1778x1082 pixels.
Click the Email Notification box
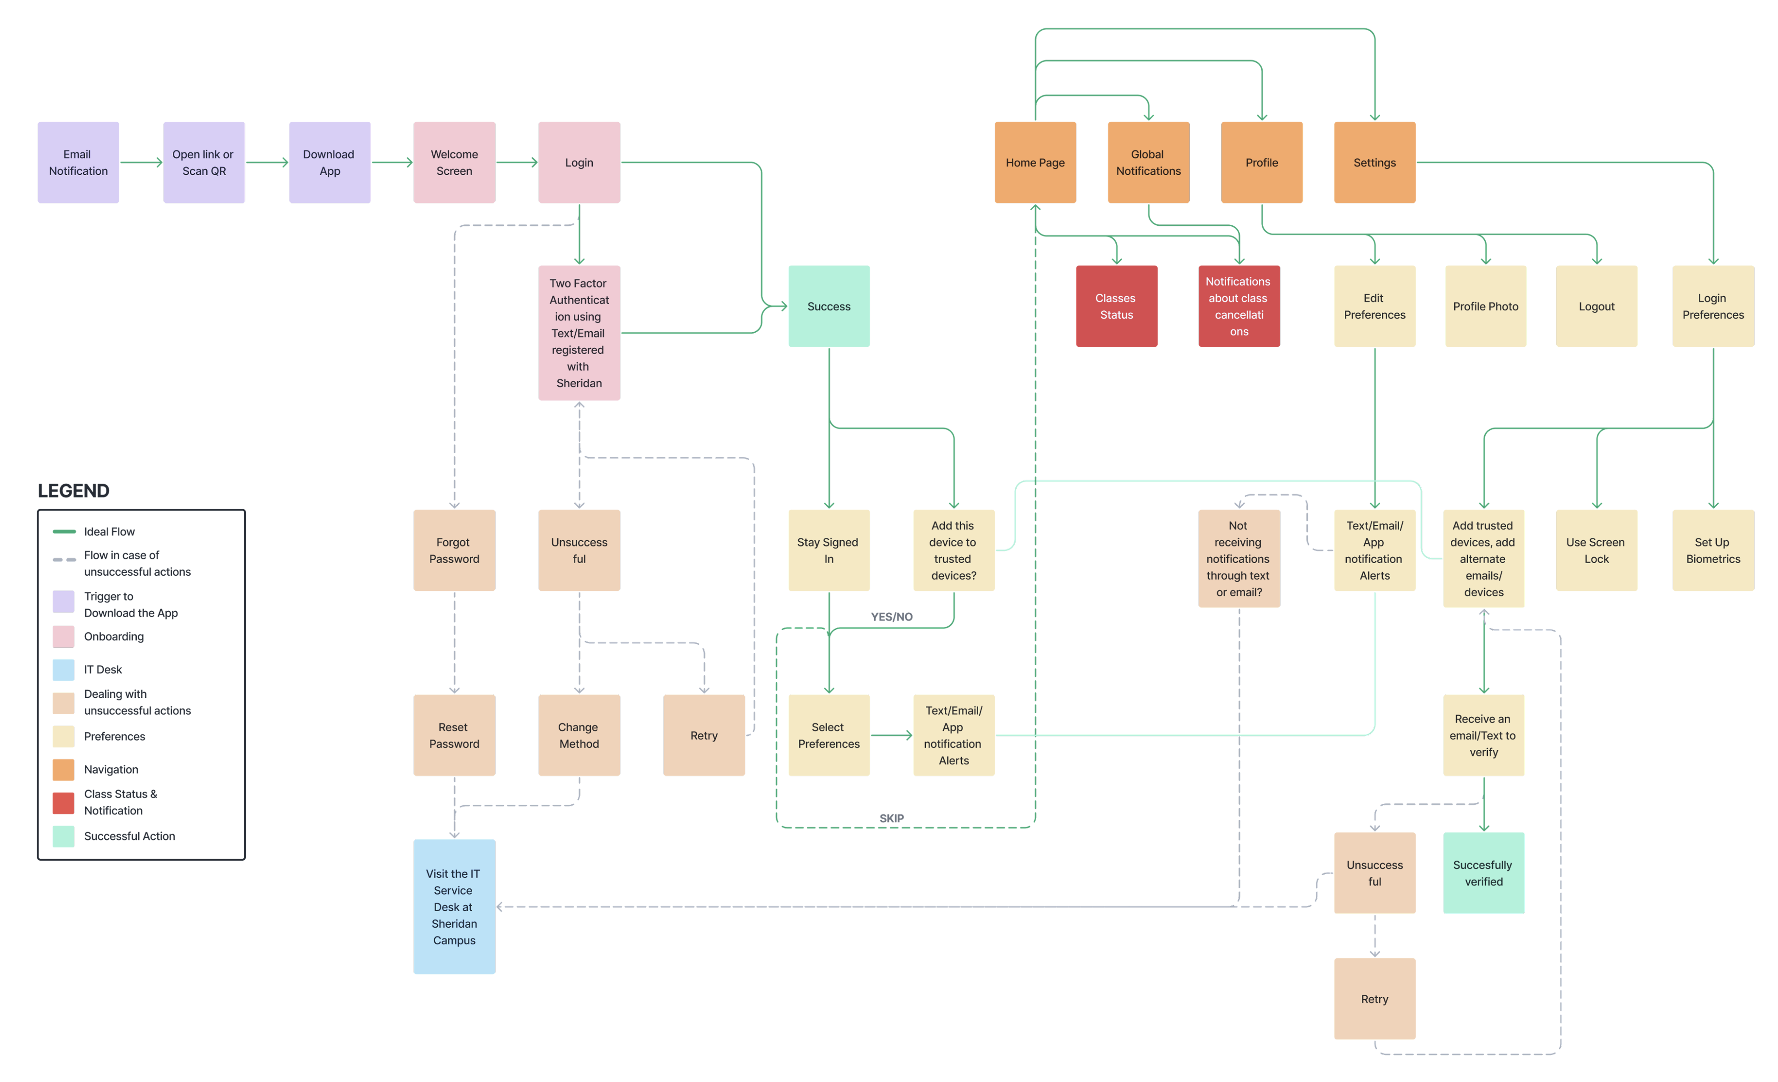pos(78,162)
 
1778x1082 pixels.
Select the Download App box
pos(330,162)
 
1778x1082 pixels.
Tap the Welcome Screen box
pos(454,162)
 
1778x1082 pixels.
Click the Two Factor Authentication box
pos(579,333)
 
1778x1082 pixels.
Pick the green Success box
pos(829,306)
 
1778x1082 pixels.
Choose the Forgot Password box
pos(454,550)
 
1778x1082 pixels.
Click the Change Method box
pos(579,735)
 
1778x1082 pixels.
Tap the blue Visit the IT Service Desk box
pos(454,907)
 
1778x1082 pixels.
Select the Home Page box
pos(1035,162)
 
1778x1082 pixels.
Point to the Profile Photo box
pos(1485,306)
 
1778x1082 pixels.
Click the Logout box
pos(1596,306)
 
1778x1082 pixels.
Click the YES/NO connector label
pos(891,617)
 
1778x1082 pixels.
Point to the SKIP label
pos(891,818)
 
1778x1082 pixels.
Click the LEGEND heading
pos(74,491)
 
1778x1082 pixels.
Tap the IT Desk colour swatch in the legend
pos(63,670)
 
